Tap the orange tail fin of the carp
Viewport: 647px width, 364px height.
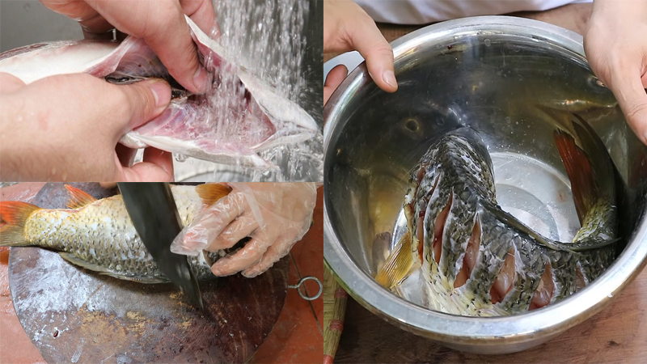(x=16, y=222)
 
